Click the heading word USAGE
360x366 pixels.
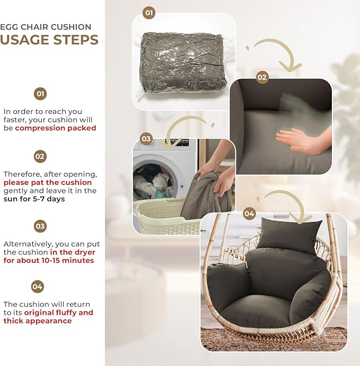pos(24,40)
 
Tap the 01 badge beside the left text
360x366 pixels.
pos(40,94)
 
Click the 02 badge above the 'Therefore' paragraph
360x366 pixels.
pos(40,156)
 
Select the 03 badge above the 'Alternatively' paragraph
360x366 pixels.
pos(40,226)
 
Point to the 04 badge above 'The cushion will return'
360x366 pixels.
pos(37,287)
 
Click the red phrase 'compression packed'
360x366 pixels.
pos(56,128)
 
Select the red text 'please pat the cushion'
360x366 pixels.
pos(48,183)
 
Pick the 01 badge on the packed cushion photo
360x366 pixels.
pos(149,13)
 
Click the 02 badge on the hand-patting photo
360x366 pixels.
pos(262,77)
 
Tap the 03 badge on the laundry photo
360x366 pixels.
pos(146,139)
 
